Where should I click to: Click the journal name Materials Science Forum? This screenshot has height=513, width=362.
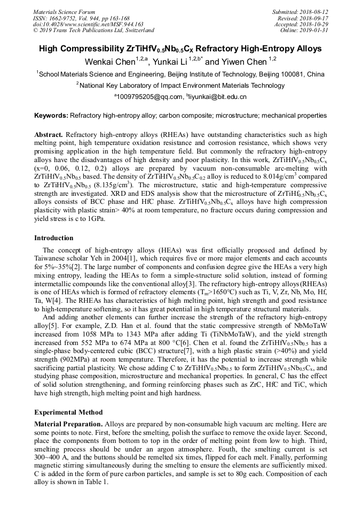64,12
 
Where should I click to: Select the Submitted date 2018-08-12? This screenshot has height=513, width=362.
312,12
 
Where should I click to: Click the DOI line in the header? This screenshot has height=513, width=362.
88,24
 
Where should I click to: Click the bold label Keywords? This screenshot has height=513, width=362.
51,115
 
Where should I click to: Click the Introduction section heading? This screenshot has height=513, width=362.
54,238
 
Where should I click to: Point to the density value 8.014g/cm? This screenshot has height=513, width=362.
270,177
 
